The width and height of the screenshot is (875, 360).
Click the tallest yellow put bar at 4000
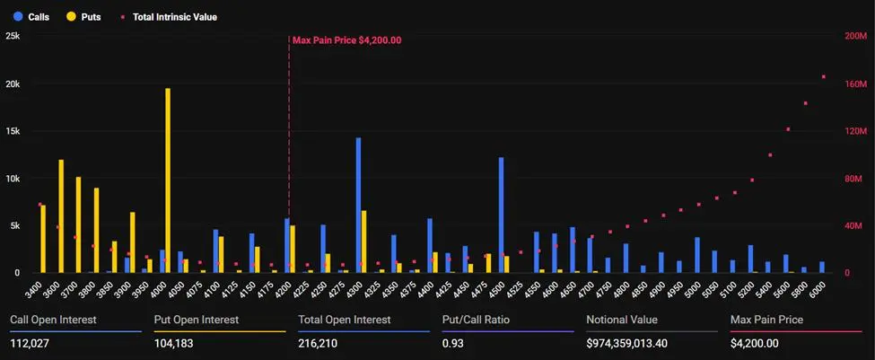point(168,180)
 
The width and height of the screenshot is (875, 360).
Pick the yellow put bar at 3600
point(61,215)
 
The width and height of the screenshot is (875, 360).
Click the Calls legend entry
point(31,16)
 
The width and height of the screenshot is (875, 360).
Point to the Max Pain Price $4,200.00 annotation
point(346,40)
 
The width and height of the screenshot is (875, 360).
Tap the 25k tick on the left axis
point(13,36)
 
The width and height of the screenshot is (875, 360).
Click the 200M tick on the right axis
point(856,36)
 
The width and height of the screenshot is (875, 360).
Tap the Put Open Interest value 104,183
point(173,342)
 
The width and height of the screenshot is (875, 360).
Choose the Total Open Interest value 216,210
point(317,342)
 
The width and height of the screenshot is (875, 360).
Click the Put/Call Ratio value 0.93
point(452,342)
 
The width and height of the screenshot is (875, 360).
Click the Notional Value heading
point(621,320)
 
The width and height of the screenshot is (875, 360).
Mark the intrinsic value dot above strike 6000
point(823,76)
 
